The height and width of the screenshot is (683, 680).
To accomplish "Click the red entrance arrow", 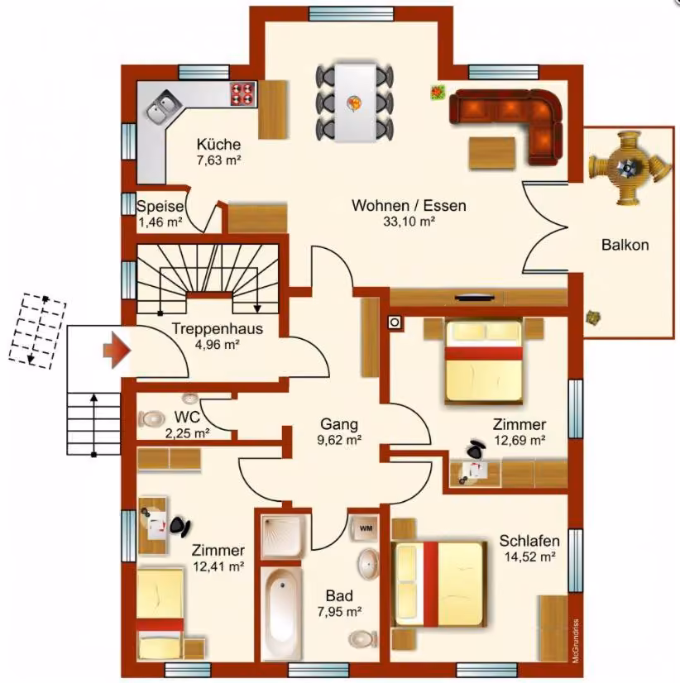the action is pos(117,350).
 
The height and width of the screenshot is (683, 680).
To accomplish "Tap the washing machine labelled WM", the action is pos(366,528).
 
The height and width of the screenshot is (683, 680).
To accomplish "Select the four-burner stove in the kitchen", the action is pos(243,93).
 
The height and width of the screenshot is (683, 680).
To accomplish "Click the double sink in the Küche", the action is pos(164,107).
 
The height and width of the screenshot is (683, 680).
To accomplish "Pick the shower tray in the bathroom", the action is pos(283,536).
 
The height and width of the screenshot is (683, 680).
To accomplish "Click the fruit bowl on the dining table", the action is pos(354,103).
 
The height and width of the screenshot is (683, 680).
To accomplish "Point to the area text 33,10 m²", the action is pos(409,222).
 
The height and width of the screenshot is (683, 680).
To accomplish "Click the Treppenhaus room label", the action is pos(217,328).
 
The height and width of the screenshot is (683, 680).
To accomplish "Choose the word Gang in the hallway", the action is pos(338,424).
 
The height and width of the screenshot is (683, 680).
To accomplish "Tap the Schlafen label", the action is pos(529,541).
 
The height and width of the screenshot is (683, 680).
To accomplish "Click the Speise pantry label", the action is pos(160,206).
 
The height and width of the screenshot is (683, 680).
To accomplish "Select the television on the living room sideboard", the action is pos(475,298).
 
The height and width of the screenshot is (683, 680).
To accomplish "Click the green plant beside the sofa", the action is pos(438,92).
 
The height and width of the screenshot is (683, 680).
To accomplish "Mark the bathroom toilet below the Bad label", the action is pos(362,639).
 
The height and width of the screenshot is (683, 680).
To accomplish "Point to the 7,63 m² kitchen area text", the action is pos(219,160).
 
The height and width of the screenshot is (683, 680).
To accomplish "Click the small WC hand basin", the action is pos(190,398).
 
